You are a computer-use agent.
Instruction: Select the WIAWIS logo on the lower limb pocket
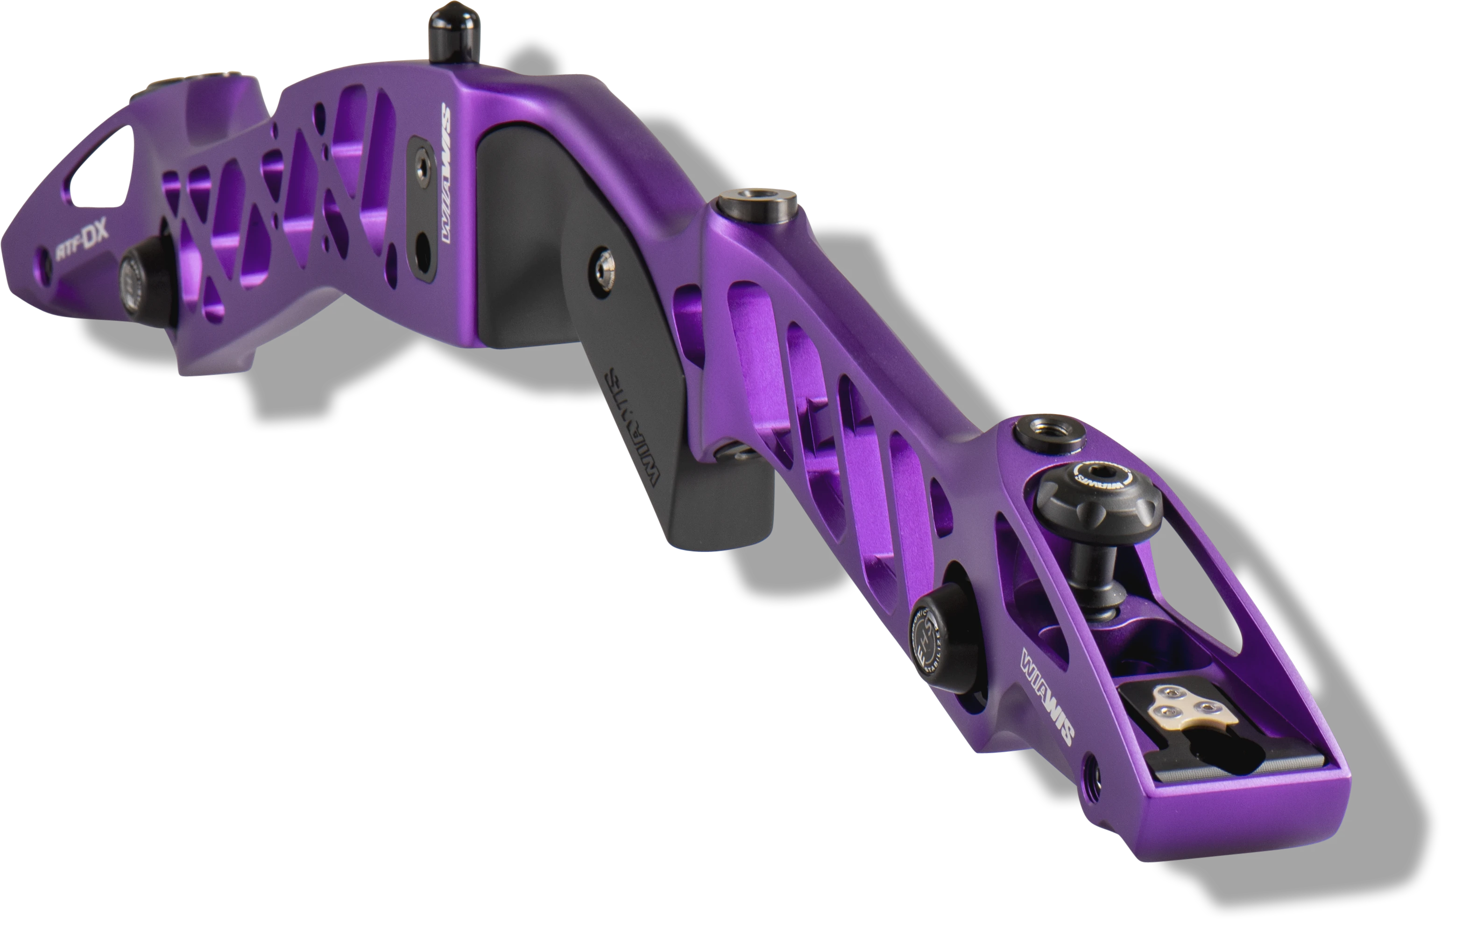coord(1047,699)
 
